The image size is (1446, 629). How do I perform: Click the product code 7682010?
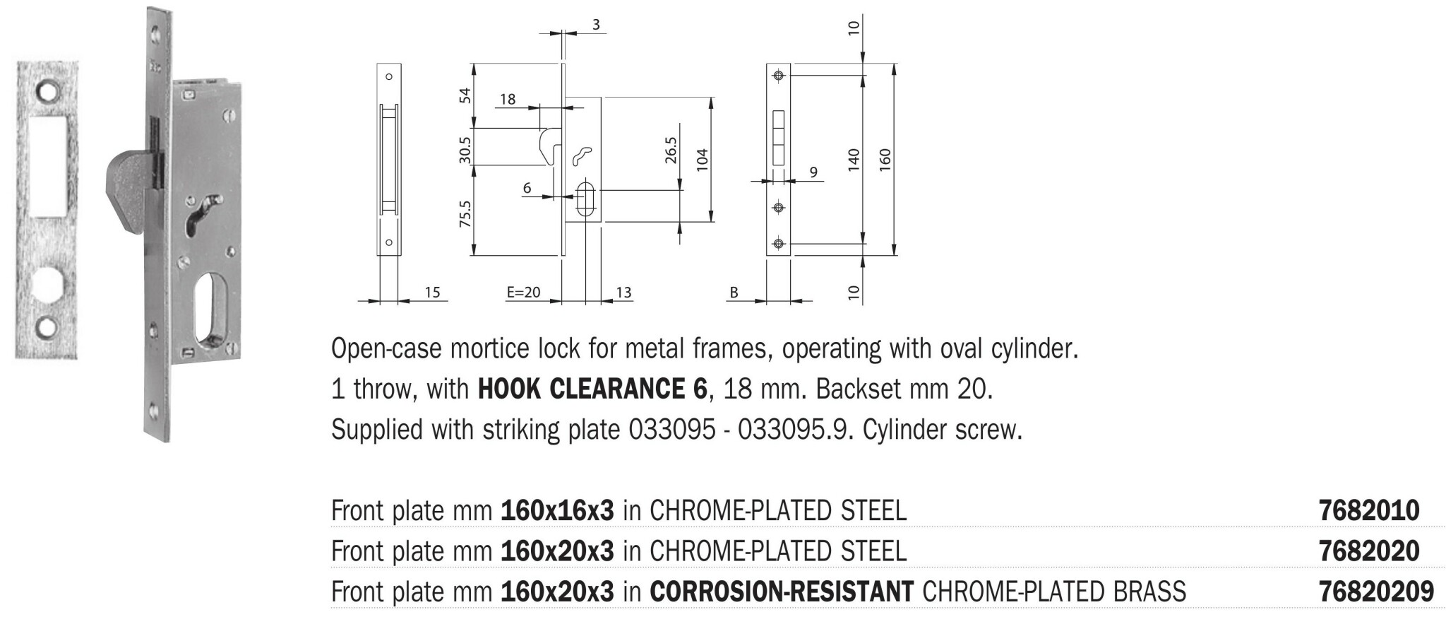point(1368,510)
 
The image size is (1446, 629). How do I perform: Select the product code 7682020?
point(1368,551)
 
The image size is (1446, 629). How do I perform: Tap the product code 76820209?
point(1376,591)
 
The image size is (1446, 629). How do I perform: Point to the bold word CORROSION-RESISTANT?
point(782,592)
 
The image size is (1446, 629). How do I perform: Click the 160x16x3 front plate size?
point(557,510)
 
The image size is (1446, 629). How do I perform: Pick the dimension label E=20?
point(523,292)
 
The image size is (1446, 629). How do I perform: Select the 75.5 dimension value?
point(465,214)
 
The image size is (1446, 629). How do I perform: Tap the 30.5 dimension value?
point(465,150)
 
